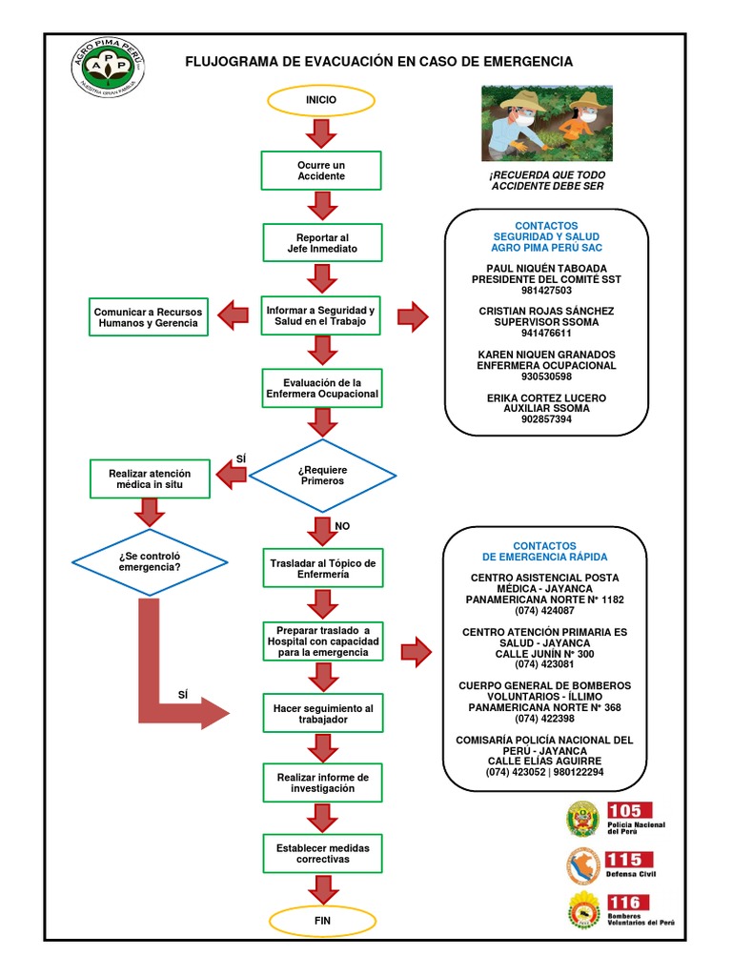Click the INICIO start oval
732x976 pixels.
pyautogui.click(x=321, y=99)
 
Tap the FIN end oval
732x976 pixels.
pyautogui.click(x=321, y=921)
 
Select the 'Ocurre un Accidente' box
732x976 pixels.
pyautogui.click(x=321, y=171)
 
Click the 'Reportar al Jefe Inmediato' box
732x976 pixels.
pyautogui.click(x=321, y=243)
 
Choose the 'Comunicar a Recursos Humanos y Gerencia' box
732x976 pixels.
pyautogui.click(x=146, y=317)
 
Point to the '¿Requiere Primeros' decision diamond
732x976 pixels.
pyautogui.click(x=322, y=475)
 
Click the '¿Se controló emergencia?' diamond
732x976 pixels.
pyautogui.click(x=151, y=562)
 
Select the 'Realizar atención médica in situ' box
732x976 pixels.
pyautogui.click(x=150, y=478)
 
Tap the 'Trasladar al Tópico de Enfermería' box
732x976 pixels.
pyautogui.click(x=322, y=569)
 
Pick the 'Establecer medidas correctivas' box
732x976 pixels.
pyautogui.click(x=322, y=853)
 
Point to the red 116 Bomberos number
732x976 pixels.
pyautogui.click(x=627, y=903)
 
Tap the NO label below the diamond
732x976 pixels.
pyautogui.click(x=341, y=525)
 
